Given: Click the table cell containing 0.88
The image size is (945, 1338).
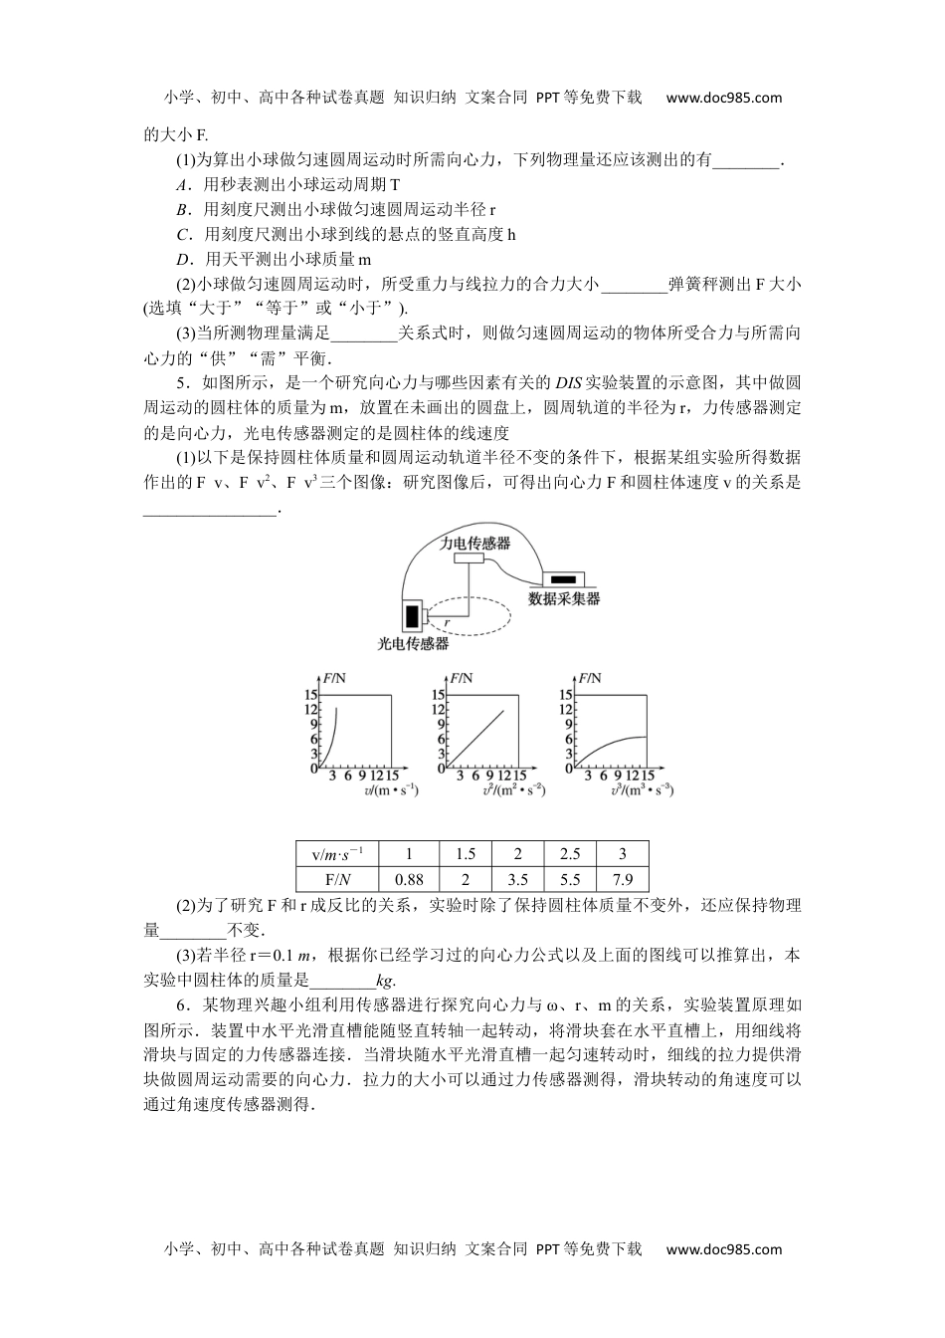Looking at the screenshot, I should tap(409, 879).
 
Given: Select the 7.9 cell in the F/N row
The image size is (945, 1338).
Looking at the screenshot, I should tap(623, 879).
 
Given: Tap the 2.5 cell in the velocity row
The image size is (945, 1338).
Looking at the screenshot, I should tap(570, 854).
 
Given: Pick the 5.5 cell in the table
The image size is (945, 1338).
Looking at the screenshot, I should tap(570, 879).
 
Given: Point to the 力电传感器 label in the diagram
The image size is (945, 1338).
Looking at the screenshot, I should tap(475, 544).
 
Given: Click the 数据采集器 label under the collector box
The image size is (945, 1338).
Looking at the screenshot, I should tap(564, 599).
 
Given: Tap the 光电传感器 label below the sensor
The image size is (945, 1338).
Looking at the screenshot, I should tap(413, 644).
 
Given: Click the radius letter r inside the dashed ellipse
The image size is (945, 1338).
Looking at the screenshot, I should tap(448, 622).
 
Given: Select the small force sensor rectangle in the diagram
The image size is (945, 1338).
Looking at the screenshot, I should tap(469, 559).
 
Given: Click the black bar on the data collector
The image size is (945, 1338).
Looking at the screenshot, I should tap(563, 578).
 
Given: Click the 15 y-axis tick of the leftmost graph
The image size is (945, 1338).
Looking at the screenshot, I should tap(310, 695).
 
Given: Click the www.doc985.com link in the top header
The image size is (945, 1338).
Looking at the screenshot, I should tap(723, 98).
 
